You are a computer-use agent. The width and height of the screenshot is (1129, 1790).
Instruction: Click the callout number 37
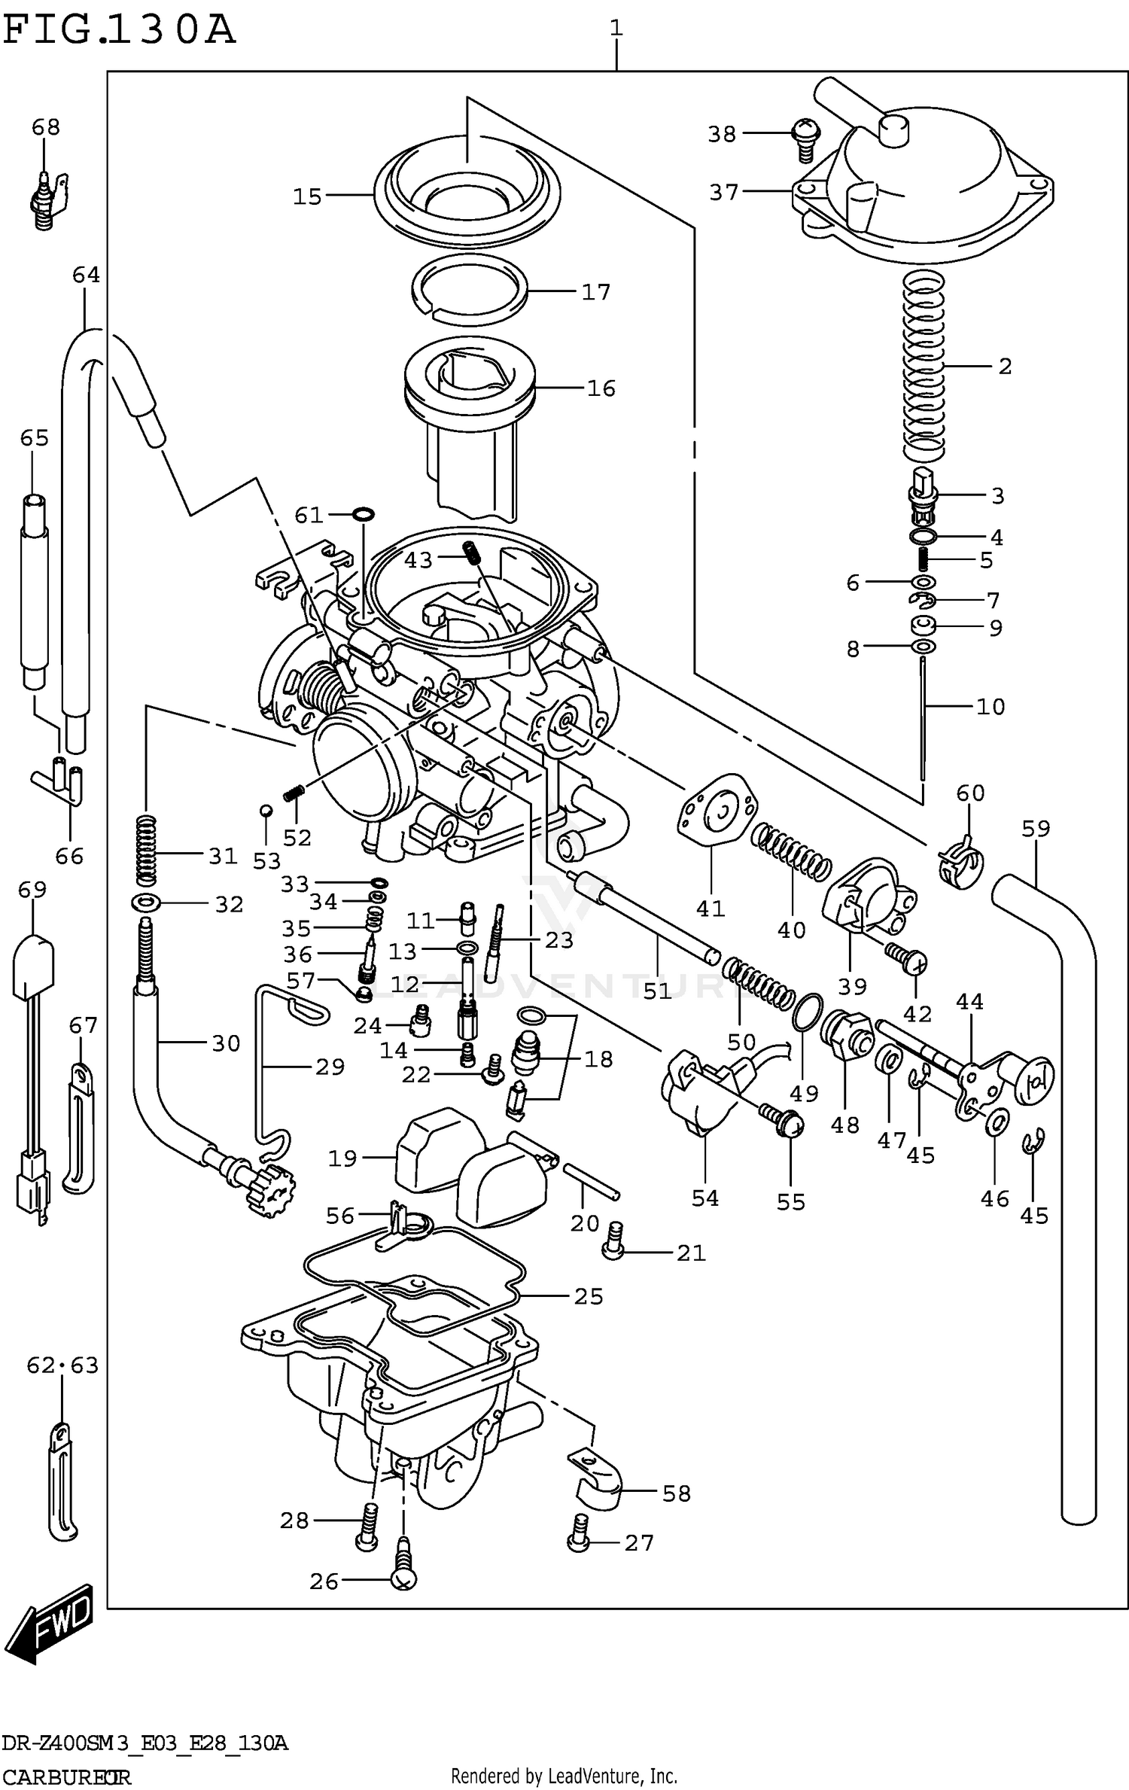(724, 193)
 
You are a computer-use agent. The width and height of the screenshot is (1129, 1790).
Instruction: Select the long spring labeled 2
(923, 367)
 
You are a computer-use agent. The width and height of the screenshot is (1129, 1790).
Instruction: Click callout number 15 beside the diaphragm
(307, 196)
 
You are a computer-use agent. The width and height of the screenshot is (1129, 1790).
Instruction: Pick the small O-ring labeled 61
(363, 515)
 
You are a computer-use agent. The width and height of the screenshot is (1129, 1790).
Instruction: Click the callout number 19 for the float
(342, 1158)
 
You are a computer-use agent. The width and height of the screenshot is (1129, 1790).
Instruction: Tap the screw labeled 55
(785, 1125)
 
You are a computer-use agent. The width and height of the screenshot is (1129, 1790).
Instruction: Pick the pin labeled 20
(591, 1180)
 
